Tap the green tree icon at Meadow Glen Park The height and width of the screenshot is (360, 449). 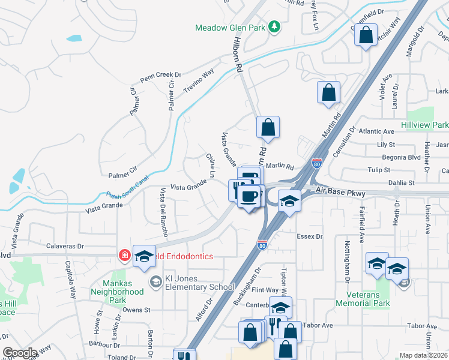pyautogui.click(x=274, y=26)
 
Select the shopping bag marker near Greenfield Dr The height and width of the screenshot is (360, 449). pyautogui.click(x=366, y=36)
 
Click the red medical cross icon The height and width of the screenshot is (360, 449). pyautogui.click(x=125, y=256)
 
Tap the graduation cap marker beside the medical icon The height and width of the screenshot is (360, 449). pyautogui.click(x=144, y=256)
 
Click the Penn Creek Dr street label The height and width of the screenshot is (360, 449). pyautogui.click(x=160, y=76)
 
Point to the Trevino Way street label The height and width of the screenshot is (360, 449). pyautogui.click(x=199, y=81)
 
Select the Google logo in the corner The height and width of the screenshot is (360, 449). pyautogui.click(x=19, y=353)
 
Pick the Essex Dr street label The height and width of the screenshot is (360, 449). pyautogui.click(x=310, y=236)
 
